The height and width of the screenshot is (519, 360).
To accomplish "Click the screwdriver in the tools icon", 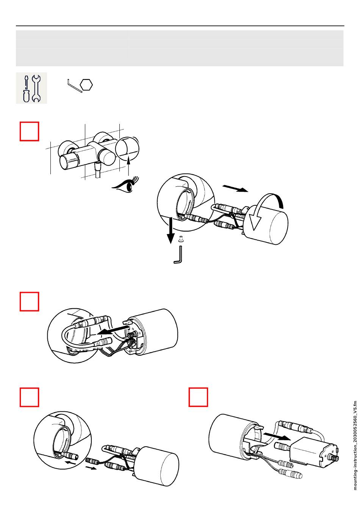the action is (26, 89).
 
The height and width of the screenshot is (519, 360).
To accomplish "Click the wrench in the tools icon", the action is (36, 89).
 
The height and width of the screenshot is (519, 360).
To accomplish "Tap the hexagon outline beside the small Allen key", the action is (86, 84).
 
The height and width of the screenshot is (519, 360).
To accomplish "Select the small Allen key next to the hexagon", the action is (74, 86).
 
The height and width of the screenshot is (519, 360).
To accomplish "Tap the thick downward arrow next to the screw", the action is (171, 230).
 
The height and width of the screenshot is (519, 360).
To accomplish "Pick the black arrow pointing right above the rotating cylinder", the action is (235, 188).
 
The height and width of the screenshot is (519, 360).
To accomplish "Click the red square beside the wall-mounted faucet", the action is (29, 131).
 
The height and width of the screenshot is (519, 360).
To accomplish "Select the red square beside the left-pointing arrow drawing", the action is (29, 302).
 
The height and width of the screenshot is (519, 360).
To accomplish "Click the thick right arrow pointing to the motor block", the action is (277, 435).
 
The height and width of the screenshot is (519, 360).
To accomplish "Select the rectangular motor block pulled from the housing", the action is (314, 452).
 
